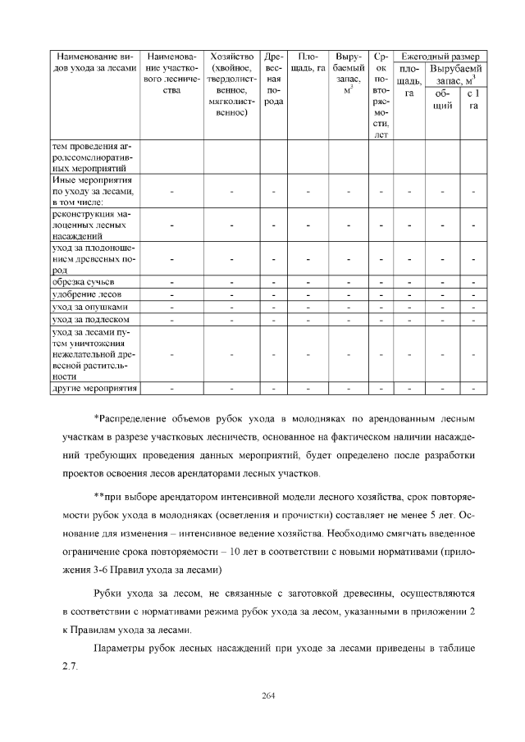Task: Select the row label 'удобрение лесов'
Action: click(87, 294)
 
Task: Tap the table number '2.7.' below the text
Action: click(71, 665)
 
